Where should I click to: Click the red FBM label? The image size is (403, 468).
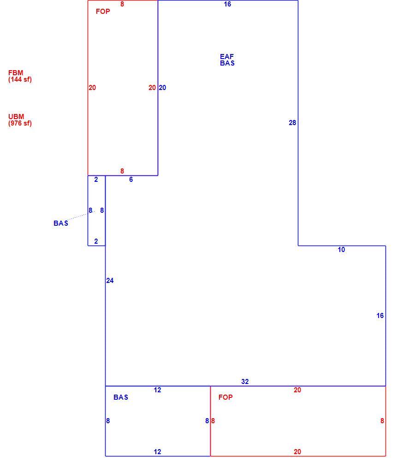click(x=16, y=72)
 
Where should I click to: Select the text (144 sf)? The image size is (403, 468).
click(x=20, y=79)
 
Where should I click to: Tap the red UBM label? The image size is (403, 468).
click(x=16, y=116)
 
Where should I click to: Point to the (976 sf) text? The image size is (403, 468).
click(x=20, y=123)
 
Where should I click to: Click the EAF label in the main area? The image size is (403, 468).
click(x=227, y=56)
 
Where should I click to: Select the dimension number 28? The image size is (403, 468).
click(x=292, y=122)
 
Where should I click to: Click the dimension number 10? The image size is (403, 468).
click(x=341, y=250)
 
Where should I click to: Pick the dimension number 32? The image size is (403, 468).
click(x=245, y=381)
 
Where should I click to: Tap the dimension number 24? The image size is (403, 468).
click(x=110, y=281)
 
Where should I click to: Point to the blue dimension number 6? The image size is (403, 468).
click(x=131, y=180)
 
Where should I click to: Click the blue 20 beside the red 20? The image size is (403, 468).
click(x=162, y=88)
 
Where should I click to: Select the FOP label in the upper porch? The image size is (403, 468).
click(x=103, y=12)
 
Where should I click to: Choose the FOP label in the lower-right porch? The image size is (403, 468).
click(x=225, y=397)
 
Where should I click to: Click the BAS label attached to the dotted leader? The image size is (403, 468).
click(x=61, y=223)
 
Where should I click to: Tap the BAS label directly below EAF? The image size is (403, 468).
click(x=227, y=63)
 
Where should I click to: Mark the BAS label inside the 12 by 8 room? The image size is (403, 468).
click(x=121, y=397)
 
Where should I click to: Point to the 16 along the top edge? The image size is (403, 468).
click(x=227, y=4)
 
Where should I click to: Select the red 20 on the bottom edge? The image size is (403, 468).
click(x=297, y=452)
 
